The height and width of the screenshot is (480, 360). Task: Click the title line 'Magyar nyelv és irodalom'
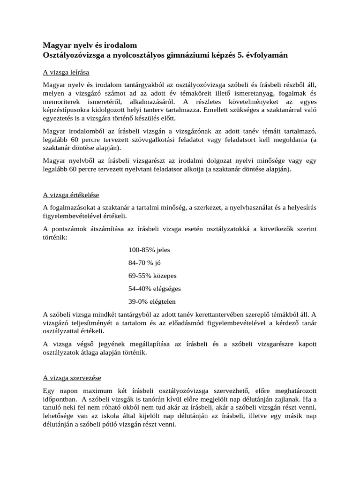point(90,45)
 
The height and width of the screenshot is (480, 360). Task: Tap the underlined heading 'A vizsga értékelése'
point(71,195)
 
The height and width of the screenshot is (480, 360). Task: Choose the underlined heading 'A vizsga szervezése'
point(72,377)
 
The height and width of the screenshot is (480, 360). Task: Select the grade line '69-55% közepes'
point(152,276)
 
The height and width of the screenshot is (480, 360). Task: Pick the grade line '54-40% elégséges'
point(155,288)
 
